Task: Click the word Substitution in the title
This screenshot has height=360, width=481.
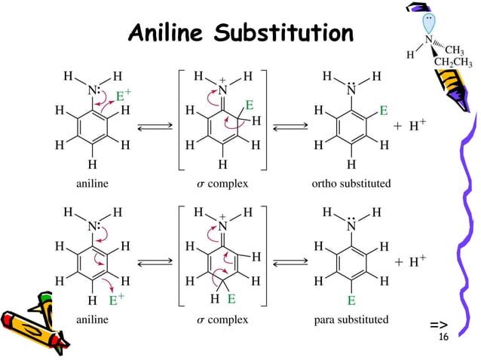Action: (x=283, y=34)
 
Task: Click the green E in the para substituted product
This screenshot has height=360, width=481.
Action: (x=351, y=301)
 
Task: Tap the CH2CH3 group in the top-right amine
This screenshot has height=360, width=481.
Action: (x=452, y=62)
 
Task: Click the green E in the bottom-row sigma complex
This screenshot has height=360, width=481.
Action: (x=233, y=300)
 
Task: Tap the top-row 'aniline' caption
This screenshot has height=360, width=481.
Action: (x=92, y=183)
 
